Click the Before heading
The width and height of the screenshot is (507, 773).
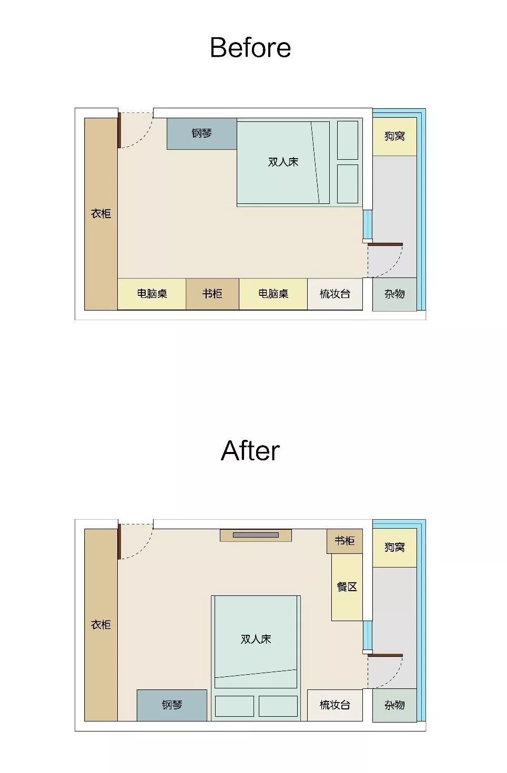(250, 47)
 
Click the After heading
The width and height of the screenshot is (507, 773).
(250, 451)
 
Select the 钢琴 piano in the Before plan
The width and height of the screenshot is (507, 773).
(201, 134)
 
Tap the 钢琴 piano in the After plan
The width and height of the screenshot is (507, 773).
(172, 705)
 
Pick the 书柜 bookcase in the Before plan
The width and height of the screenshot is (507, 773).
(212, 294)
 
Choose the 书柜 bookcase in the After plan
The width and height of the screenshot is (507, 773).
(344, 541)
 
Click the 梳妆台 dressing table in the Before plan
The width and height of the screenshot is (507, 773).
(335, 294)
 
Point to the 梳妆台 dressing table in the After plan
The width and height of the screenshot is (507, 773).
(335, 705)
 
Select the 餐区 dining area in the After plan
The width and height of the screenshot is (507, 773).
(347, 587)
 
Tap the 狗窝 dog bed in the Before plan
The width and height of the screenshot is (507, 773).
(394, 137)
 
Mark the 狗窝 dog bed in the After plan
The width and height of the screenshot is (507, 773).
(394, 548)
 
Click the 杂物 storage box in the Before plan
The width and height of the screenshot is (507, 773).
(394, 294)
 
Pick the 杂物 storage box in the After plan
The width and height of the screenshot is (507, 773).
(394, 705)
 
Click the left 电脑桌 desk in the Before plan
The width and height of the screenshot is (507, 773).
(152, 294)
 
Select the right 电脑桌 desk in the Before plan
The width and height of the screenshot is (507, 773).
(273, 294)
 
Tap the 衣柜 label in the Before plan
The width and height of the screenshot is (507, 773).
(101, 214)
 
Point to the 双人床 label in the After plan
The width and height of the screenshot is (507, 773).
(256, 639)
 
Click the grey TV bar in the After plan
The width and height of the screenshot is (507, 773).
(256, 535)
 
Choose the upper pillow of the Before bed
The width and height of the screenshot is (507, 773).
(348, 140)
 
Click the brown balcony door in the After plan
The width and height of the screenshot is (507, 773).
(385, 655)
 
